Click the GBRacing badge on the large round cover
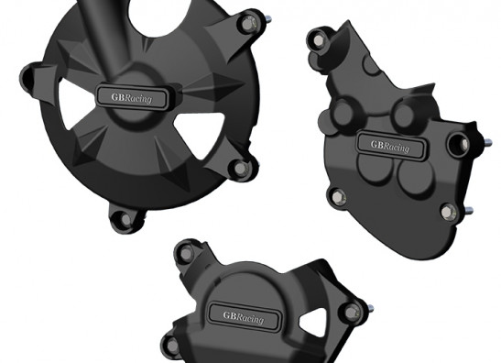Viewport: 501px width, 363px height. tap(132, 97)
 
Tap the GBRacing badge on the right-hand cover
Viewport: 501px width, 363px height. tap(391, 146)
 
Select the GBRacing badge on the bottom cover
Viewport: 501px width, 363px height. tap(244, 316)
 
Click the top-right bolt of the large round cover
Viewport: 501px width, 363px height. tap(248, 25)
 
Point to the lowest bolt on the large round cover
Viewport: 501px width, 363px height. tap(125, 219)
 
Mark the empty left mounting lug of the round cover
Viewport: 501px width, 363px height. tap(28, 79)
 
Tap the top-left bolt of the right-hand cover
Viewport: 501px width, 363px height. tap(319, 40)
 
